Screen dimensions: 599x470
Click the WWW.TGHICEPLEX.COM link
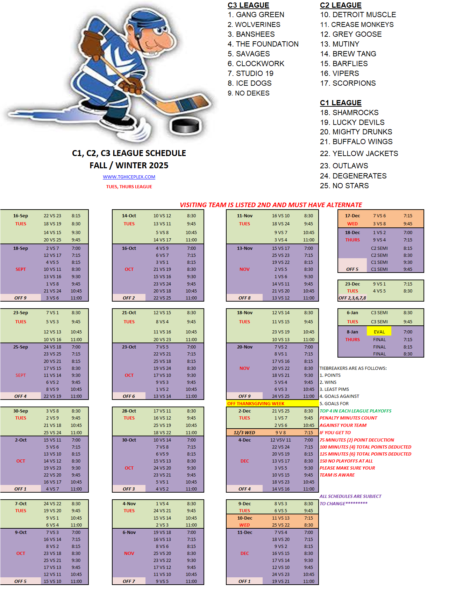tap(129, 177)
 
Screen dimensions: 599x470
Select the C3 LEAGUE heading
tap(248, 5)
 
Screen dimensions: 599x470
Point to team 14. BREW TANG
tap(348, 54)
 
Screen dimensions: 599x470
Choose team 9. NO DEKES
tap(249, 93)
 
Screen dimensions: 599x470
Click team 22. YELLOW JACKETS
tap(359, 154)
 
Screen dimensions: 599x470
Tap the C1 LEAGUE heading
tap(341, 103)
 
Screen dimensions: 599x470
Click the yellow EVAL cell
tap(379, 332)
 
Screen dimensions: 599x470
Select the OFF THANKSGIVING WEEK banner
tap(256, 403)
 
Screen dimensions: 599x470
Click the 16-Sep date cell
tap(21, 216)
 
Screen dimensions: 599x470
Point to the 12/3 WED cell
tap(244, 432)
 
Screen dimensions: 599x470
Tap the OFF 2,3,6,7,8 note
tap(352, 298)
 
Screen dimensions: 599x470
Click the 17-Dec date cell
tap(352, 216)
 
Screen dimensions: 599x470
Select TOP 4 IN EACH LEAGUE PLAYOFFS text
tap(356, 411)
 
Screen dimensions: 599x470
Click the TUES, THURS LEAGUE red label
tap(129, 187)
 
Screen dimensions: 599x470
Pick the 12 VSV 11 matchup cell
tap(280, 440)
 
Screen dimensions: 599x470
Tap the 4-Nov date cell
tap(129, 504)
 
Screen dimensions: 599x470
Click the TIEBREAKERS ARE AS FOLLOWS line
tap(353, 368)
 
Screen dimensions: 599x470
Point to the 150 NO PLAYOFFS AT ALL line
tap(346, 461)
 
